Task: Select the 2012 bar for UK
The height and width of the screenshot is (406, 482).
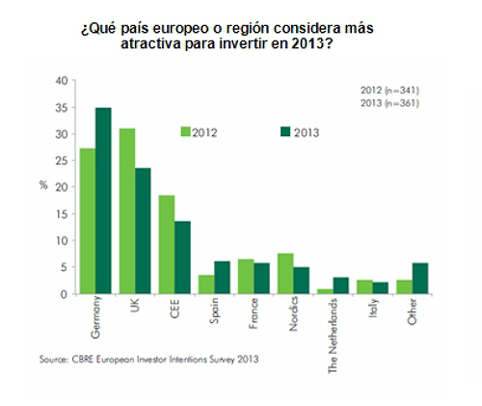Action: (x=127, y=210)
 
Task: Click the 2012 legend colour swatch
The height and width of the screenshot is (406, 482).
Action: (x=185, y=131)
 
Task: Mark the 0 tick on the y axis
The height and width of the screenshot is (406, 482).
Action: (x=64, y=294)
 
